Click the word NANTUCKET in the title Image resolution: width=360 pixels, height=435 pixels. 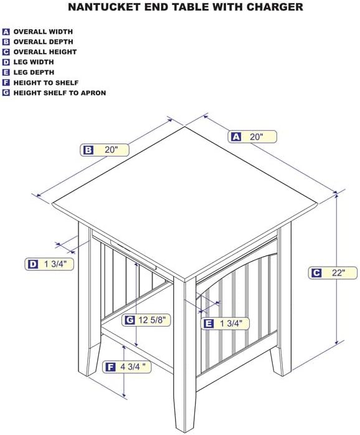tap(104, 7)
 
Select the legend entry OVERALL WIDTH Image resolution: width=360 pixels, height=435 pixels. tap(43, 32)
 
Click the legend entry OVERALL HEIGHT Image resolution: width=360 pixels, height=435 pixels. tap(45, 52)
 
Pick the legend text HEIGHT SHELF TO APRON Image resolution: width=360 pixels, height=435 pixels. tap(60, 93)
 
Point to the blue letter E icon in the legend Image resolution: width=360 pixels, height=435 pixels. tap(6, 72)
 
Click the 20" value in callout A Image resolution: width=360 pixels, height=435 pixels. tap(256, 136)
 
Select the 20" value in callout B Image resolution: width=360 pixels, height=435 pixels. tap(111, 150)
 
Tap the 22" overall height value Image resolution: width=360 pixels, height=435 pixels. tap(339, 273)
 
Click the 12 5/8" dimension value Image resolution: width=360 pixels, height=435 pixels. tap(154, 320)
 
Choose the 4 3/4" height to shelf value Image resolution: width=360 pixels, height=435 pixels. tap(133, 366)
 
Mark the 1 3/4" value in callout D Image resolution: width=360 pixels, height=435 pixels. tap(56, 264)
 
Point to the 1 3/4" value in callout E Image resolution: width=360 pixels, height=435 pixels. tap(231, 323)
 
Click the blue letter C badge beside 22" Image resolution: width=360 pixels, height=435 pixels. tap(316, 273)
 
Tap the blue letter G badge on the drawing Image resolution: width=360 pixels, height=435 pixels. tap(130, 320)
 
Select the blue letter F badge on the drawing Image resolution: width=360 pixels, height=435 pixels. tap(110, 367)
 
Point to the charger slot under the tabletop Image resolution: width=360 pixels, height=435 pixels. tap(133, 254)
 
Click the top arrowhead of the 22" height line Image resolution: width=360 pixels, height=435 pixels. tap(337, 196)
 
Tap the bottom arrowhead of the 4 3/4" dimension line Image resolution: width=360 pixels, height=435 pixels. tap(124, 394)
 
